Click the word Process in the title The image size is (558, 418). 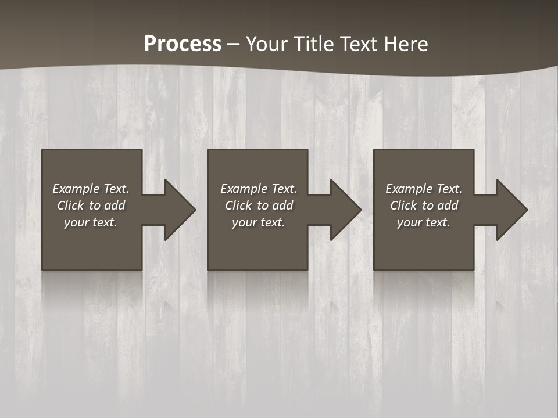coord(183,44)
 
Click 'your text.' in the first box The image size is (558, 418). coord(91,222)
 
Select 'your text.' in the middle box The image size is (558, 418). coord(258,222)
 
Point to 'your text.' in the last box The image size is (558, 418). coord(424,222)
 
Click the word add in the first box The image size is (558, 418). coord(115,206)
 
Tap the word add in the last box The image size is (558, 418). coord(448,206)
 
